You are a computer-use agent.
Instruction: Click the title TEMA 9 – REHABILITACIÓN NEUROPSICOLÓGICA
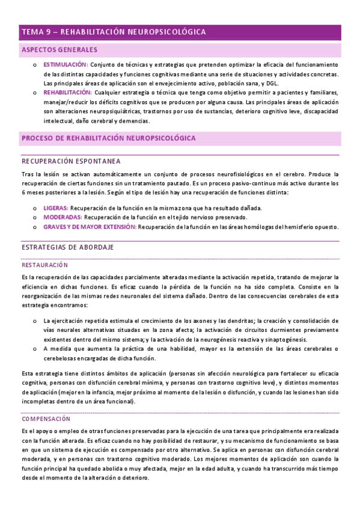pyautogui.click(x=114, y=32)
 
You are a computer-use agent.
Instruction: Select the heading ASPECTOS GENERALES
pyautogui.click(x=59, y=50)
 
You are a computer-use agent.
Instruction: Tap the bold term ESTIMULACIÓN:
pyautogui.click(x=65, y=64)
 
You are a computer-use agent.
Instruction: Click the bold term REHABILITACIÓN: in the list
pyautogui.click(x=67, y=93)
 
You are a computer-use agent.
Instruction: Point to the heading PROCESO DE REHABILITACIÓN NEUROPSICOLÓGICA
pyautogui.click(x=109, y=138)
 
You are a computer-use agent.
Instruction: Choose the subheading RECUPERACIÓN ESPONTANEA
pyautogui.click(x=71, y=161)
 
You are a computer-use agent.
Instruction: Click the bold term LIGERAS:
pyautogui.click(x=55, y=207)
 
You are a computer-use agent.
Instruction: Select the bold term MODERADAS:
pyautogui.click(x=63, y=217)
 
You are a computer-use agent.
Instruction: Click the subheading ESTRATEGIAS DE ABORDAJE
pyautogui.click(x=68, y=247)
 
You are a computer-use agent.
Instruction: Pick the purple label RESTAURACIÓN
pyautogui.click(x=44, y=265)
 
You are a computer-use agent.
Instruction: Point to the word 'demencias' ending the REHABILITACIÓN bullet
pyautogui.click(x=135, y=121)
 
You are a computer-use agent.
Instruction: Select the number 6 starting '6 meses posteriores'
pyautogui.click(x=23, y=192)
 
